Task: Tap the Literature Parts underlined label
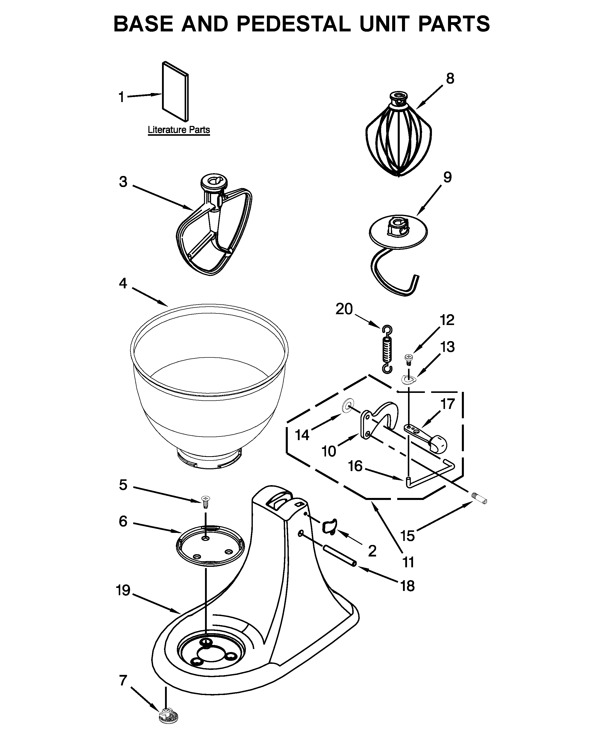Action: (x=179, y=130)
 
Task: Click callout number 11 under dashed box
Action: (x=408, y=562)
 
